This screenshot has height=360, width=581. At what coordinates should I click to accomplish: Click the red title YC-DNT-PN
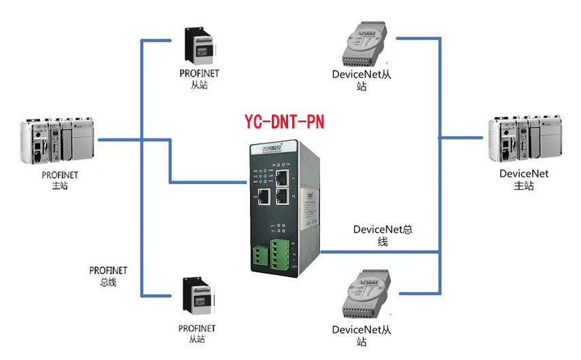click(284, 122)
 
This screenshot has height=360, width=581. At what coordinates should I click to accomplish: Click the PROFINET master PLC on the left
click(56, 141)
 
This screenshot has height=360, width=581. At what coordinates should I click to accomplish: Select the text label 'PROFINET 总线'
click(108, 276)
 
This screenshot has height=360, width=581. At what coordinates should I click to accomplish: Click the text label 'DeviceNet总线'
click(383, 235)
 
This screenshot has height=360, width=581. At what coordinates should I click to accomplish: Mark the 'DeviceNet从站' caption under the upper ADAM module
click(362, 80)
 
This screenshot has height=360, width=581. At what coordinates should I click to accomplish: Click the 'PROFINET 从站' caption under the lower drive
click(197, 334)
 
